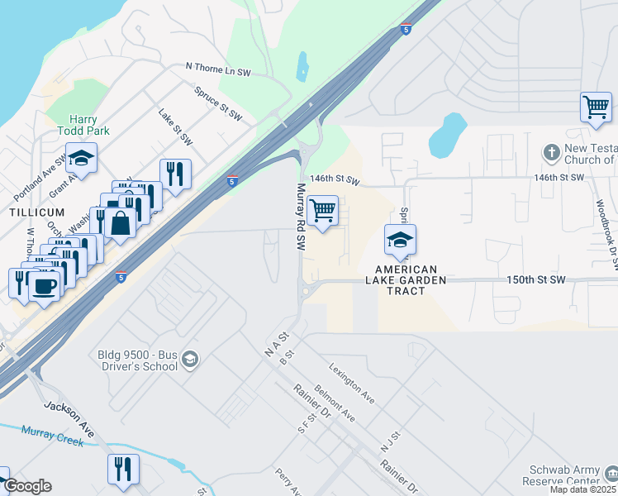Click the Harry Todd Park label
pos(83,125)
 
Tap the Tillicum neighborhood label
pos(36,212)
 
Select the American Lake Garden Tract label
pos(406,274)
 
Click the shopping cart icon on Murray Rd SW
pos(322,212)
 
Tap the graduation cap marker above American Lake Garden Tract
pos(400,241)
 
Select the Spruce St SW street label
pos(219,101)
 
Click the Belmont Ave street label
pos(335,403)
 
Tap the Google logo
pos(27,486)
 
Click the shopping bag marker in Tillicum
pos(120,222)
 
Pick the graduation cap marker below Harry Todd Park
pos(82,157)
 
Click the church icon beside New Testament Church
pos(551,153)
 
